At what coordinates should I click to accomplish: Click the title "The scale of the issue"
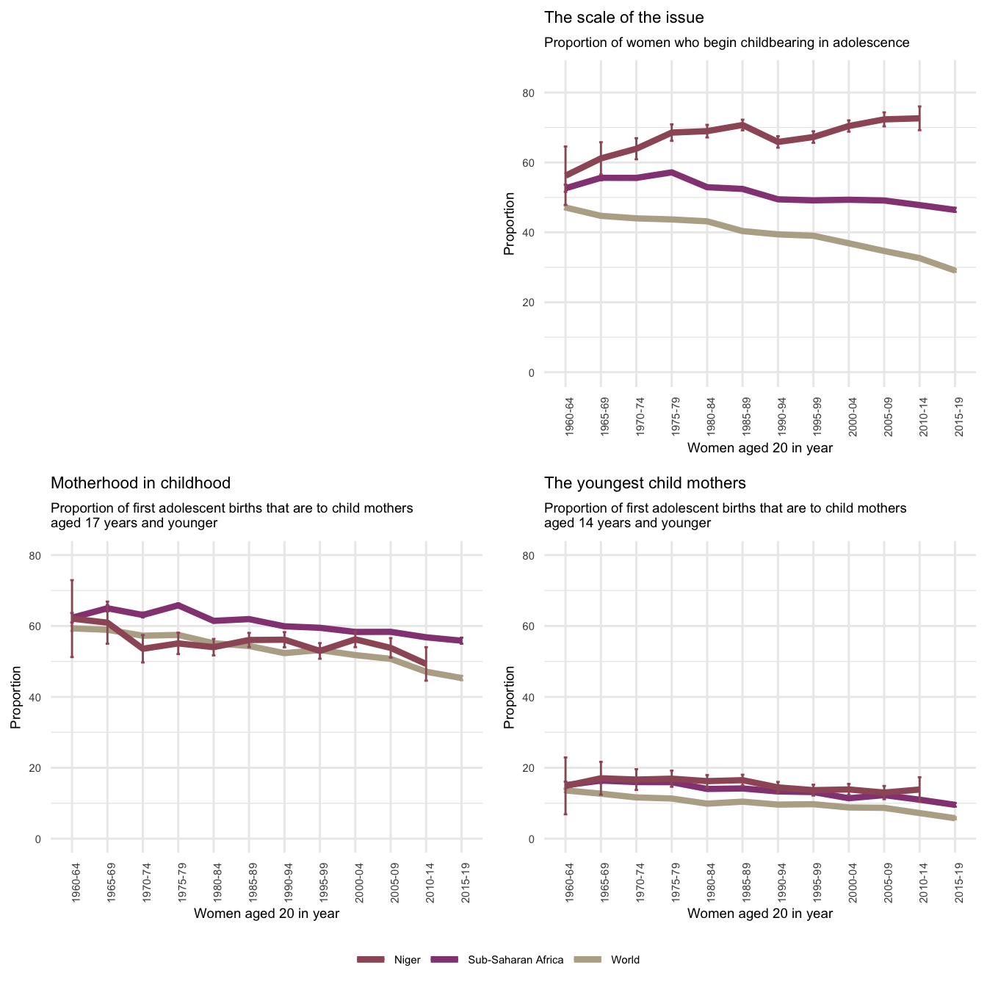(x=623, y=18)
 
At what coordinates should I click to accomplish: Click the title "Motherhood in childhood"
(x=140, y=483)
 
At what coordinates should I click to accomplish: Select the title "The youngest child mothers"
(x=645, y=483)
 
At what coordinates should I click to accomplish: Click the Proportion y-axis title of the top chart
(x=509, y=224)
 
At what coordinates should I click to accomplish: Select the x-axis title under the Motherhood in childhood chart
(x=266, y=914)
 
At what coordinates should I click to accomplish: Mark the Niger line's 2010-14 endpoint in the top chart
(x=919, y=118)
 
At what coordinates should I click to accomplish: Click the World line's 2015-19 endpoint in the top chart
(x=955, y=271)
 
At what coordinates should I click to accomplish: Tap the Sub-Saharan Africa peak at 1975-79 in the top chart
(x=672, y=172)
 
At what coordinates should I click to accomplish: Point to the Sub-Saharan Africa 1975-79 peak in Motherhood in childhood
(x=178, y=604)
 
